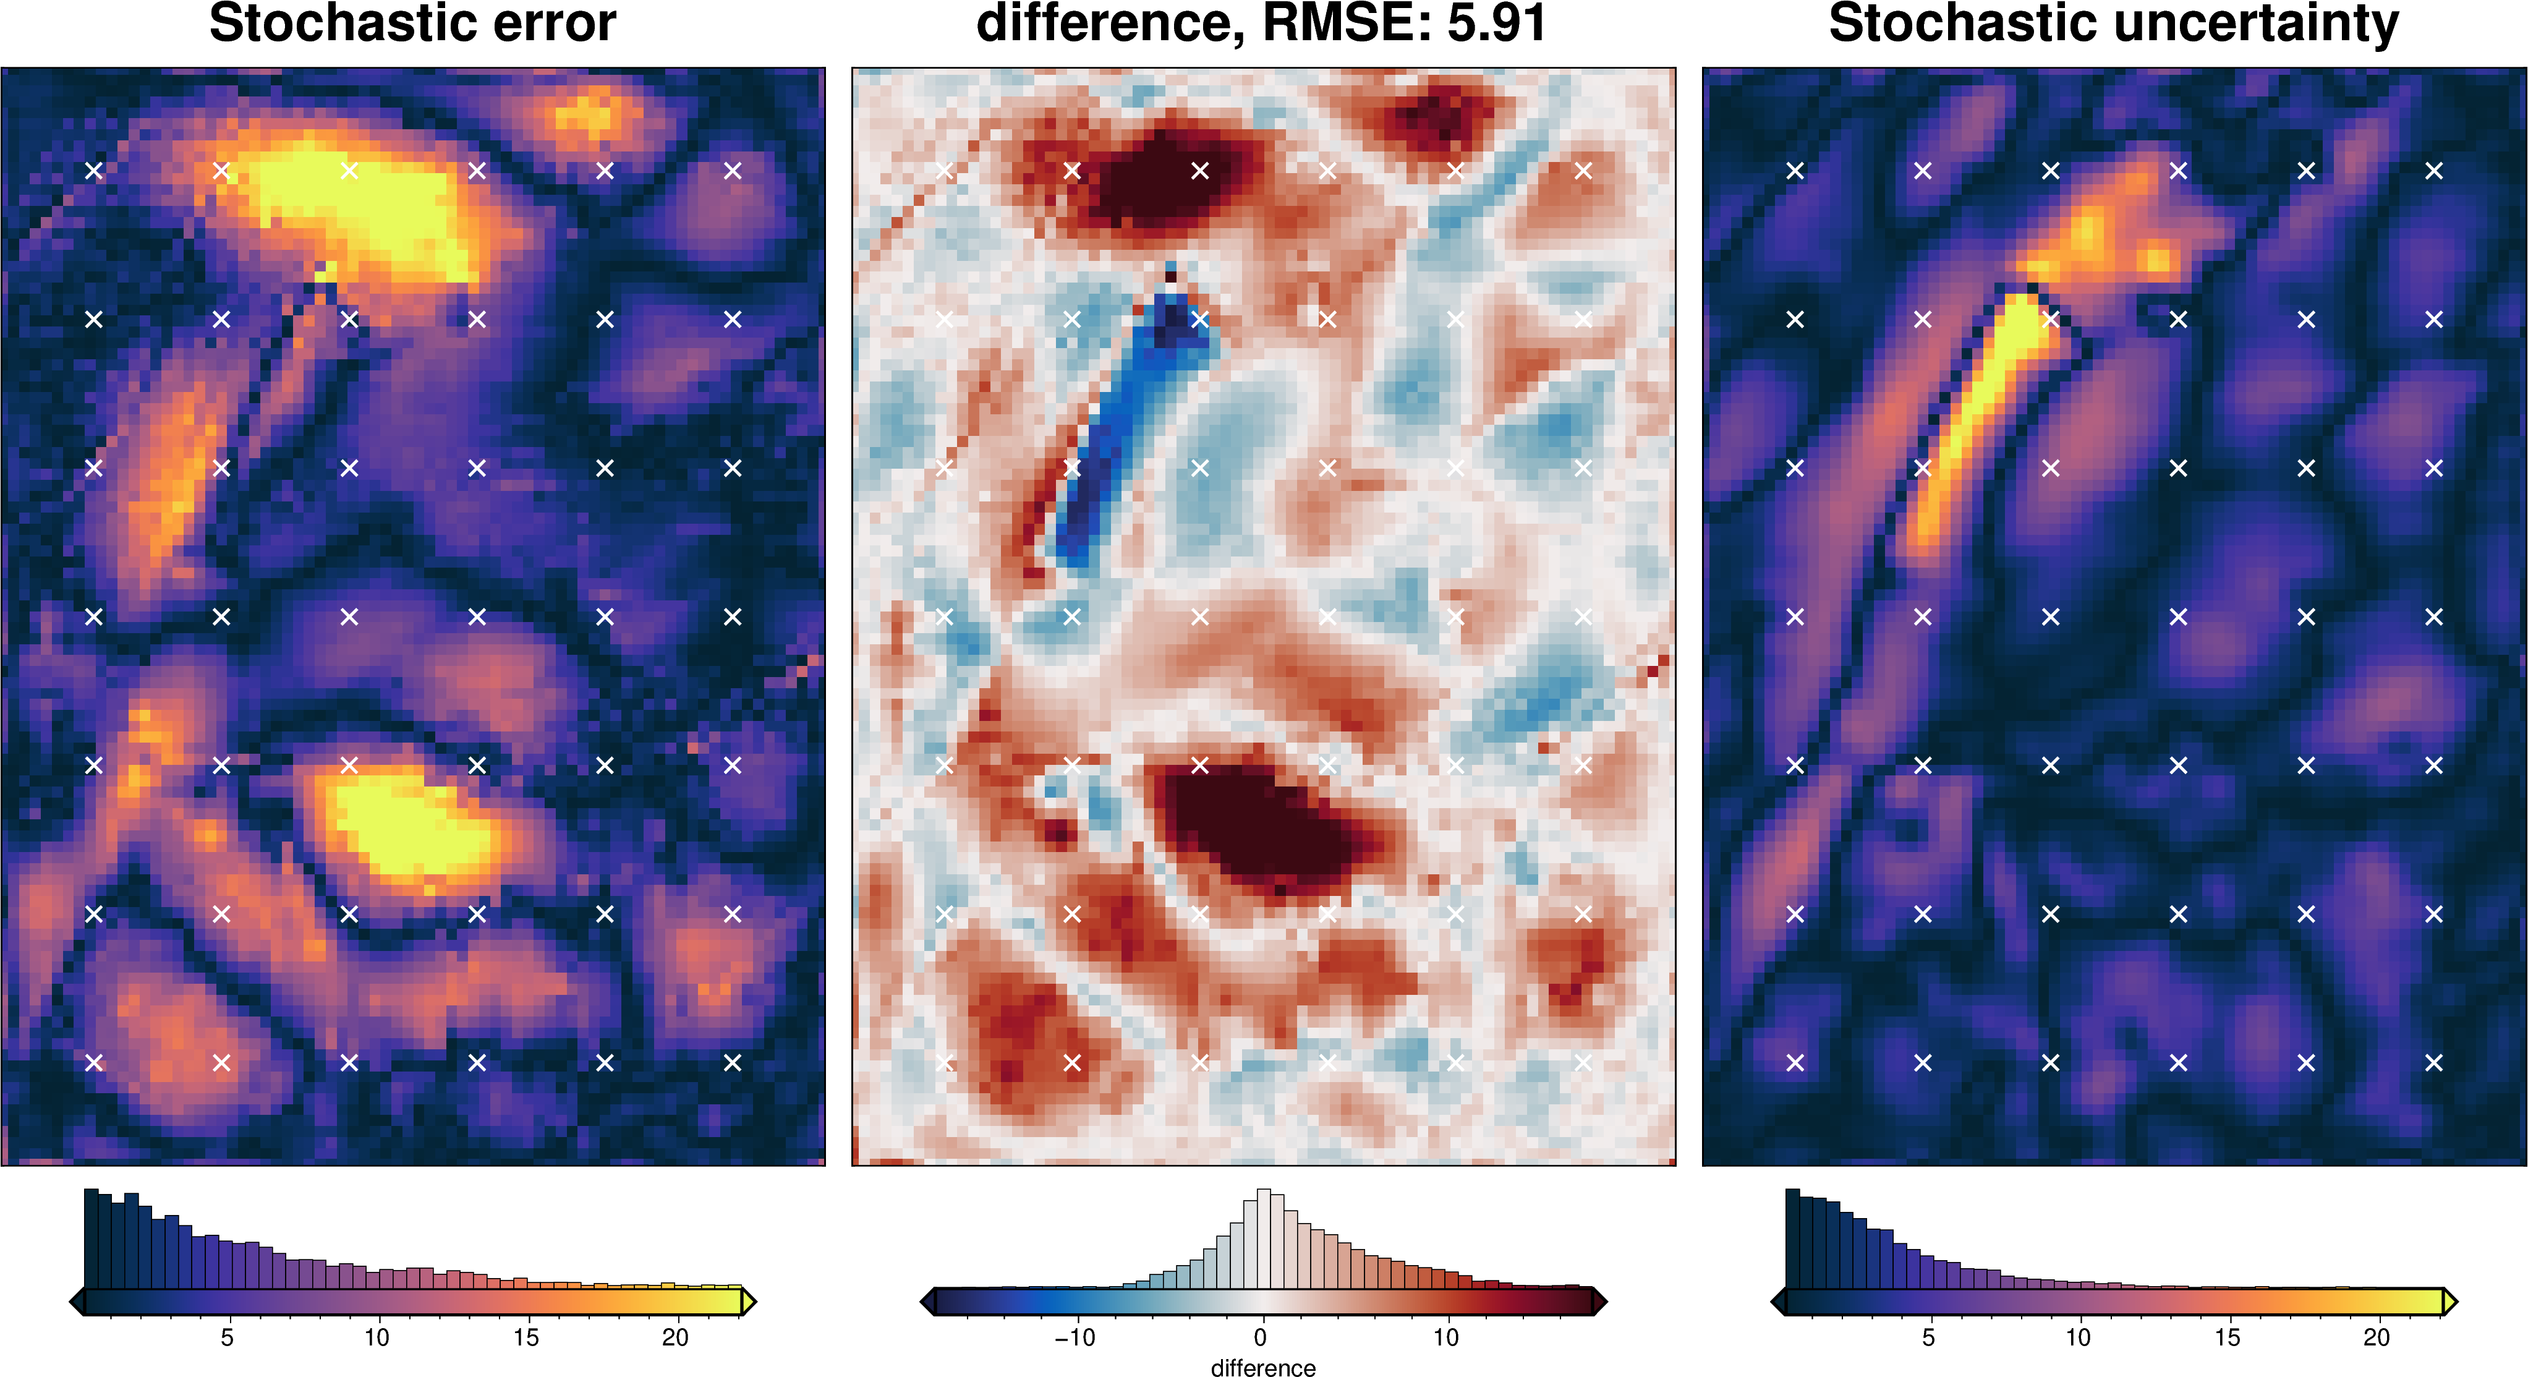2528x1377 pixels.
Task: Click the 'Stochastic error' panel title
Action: pyautogui.click(x=412, y=23)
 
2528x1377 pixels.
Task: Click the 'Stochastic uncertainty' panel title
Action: pyautogui.click(x=2113, y=23)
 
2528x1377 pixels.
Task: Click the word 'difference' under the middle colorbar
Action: pyautogui.click(x=1263, y=1367)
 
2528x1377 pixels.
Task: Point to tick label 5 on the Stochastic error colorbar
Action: pyautogui.click(x=227, y=1337)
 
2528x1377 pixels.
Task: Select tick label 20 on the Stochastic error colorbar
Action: pyautogui.click(x=675, y=1337)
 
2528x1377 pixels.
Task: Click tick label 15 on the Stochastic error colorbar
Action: pyautogui.click(x=526, y=1337)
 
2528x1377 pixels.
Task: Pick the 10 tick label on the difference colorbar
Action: pyautogui.click(x=1445, y=1337)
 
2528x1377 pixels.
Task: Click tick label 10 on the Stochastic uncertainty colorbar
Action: pyautogui.click(x=2077, y=1337)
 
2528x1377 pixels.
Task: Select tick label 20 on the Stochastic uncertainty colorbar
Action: pyautogui.click(x=2376, y=1337)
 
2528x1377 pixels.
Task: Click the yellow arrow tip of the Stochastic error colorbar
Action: pyautogui.click(x=749, y=1302)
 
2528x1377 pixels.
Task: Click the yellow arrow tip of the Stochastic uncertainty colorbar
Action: pyautogui.click(x=2449, y=1302)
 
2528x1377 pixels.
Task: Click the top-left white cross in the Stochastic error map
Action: pyautogui.click(x=94, y=171)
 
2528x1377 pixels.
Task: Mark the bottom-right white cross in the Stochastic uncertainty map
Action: pyautogui.click(x=2434, y=1062)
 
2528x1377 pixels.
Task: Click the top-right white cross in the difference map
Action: pyautogui.click(x=1583, y=171)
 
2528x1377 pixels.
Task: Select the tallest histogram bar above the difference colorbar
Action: pyautogui.click(x=1264, y=1238)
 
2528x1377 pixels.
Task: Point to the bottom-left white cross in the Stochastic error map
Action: pyautogui.click(x=94, y=1062)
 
